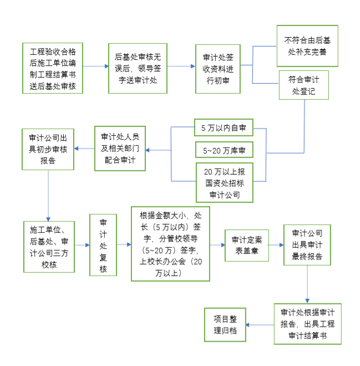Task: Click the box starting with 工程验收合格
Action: [x=53, y=68]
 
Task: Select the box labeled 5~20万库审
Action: [x=224, y=150]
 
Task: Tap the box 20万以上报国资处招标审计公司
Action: [x=224, y=181]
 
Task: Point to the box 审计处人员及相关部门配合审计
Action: [x=119, y=149]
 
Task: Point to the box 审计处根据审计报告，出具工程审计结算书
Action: [x=307, y=323]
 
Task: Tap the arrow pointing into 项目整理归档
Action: [x=260, y=324]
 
